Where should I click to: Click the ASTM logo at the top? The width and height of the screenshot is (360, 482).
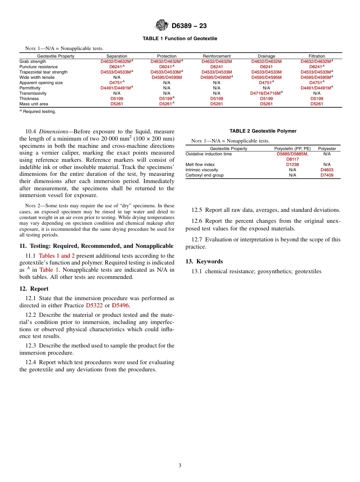(x=161, y=25)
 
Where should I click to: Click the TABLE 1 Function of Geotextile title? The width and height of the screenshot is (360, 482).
(x=180, y=39)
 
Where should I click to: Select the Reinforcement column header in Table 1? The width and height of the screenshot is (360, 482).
(x=216, y=56)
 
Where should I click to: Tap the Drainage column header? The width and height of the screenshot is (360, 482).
(x=266, y=56)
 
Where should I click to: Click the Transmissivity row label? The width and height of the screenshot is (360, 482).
(x=33, y=93)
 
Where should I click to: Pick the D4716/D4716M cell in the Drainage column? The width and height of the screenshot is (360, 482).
(x=266, y=93)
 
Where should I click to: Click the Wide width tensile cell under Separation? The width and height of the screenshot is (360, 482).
(x=117, y=77)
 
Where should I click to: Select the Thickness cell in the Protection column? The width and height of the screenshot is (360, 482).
(x=167, y=99)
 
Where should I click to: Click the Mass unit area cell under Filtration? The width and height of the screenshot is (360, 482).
(x=317, y=104)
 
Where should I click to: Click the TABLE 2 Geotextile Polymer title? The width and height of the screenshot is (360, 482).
(x=263, y=131)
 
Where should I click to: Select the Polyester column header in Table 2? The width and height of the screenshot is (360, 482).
(x=327, y=149)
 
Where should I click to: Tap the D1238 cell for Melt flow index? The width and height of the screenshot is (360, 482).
(x=293, y=164)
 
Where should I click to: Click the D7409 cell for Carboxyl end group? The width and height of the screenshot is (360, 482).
(x=327, y=175)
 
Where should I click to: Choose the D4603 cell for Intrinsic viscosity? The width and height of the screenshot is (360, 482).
(x=327, y=170)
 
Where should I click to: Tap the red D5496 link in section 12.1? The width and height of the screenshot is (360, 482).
(x=120, y=305)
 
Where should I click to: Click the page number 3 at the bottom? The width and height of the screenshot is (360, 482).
(x=180, y=466)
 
